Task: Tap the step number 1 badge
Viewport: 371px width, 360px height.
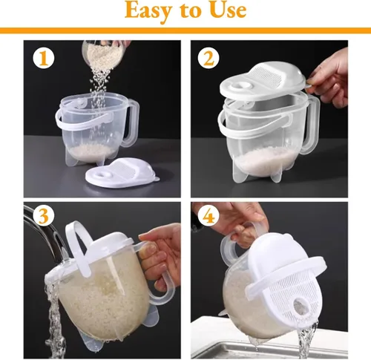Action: pos(44,58)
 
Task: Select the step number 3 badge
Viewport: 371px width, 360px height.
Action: pos(44,215)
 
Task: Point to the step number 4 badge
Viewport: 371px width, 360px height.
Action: pos(209,215)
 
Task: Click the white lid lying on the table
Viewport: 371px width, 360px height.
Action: pos(122,173)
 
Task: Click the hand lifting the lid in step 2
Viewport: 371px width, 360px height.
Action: pos(329,79)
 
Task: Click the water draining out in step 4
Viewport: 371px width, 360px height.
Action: pos(306,340)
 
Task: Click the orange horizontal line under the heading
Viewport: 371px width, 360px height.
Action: pos(185,30)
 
